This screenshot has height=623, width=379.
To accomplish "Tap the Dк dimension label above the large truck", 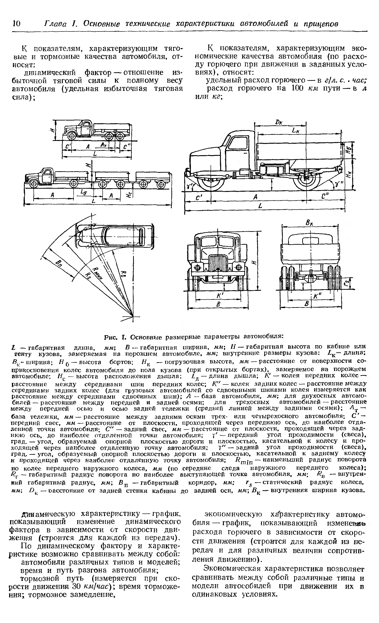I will coord(279,122).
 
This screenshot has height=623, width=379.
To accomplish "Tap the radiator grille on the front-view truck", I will coord(218,263).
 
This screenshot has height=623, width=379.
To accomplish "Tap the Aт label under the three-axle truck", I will coord(103,144).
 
